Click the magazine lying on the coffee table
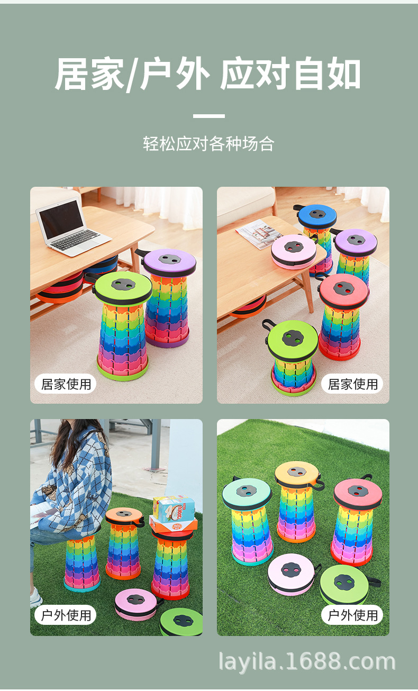coord(259,233)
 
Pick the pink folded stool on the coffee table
coord(294,250)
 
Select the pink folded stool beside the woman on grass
coord(136,603)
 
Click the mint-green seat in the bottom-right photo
coord(247,493)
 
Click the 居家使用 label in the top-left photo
coord(66,384)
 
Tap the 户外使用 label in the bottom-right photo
coord(352,615)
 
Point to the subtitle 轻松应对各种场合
coord(208,144)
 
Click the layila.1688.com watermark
coord(307,662)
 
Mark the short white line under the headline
coord(208,116)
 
